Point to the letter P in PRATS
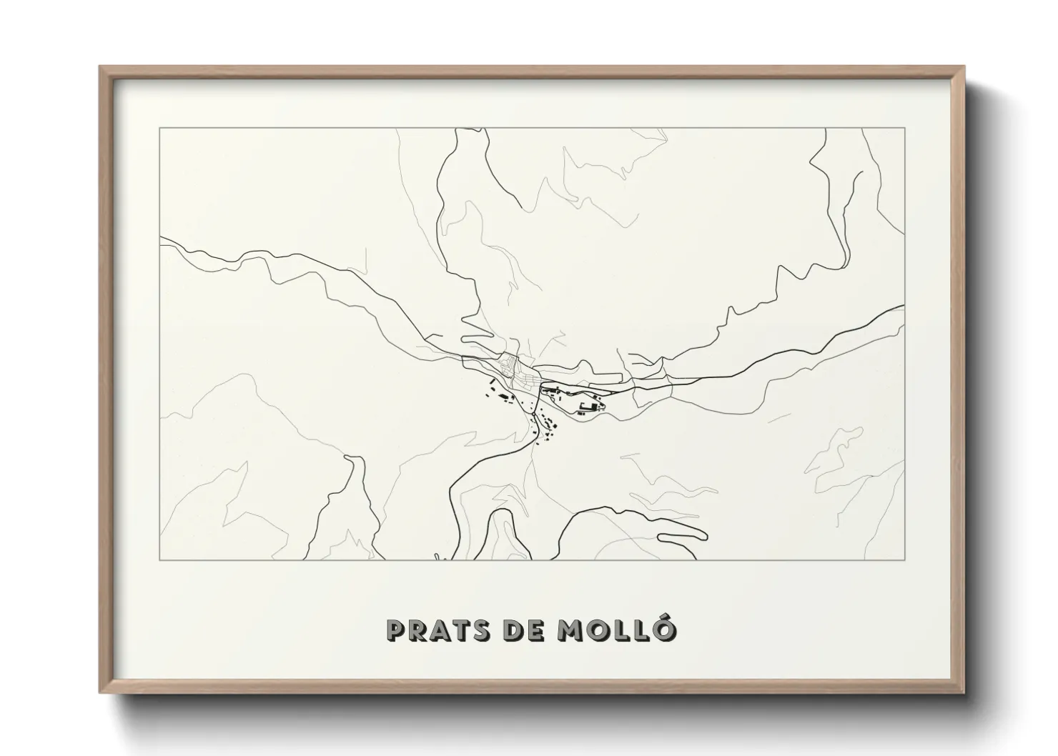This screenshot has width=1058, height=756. pos(395,630)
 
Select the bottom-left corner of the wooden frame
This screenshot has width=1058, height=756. pos(101,692)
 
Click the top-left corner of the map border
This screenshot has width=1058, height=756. pos(159,128)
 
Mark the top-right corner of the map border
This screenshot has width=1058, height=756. pos(905,128)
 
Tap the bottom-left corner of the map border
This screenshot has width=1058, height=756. pos(159,559)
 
